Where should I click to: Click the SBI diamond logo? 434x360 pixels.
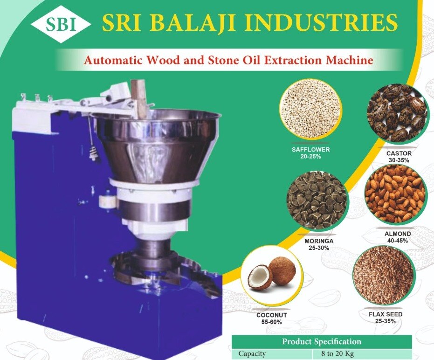click(x=60, y=24)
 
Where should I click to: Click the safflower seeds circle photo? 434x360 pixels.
click(x=311, y=111)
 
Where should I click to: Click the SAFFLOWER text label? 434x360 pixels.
click(x=310, y=150)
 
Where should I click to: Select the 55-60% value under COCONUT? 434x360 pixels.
click(x=271, y=322)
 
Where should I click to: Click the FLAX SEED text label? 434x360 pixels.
click(x=386, y=314)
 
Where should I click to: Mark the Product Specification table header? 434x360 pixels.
click(x=322, y=341)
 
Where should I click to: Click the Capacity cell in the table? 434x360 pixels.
click(x=252, y=353)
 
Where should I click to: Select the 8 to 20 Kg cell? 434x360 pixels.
click(x=338, y=353)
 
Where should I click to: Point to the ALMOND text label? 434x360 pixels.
click(x=398, y=234)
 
